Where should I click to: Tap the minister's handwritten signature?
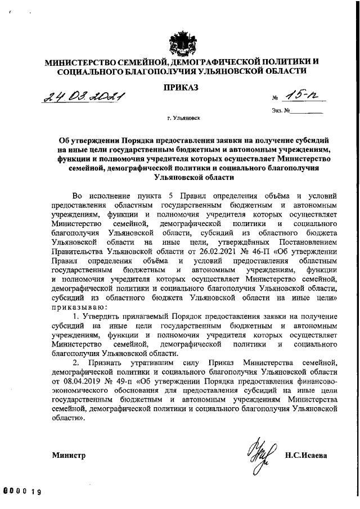(259, 453)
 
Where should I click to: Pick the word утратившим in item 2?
(146, 362)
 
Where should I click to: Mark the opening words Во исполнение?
(101, 196)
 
